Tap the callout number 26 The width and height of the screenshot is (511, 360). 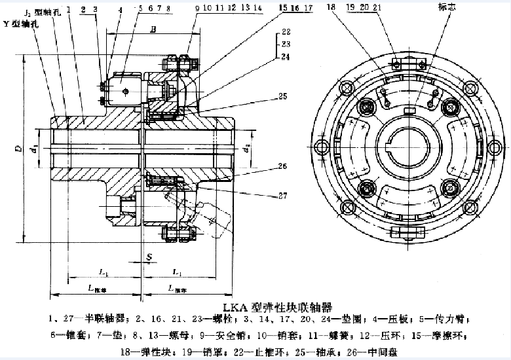(x=282, y=166)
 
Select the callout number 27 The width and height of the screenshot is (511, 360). (x=282, y=194)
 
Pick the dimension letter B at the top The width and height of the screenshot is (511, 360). (x=153, y=29)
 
